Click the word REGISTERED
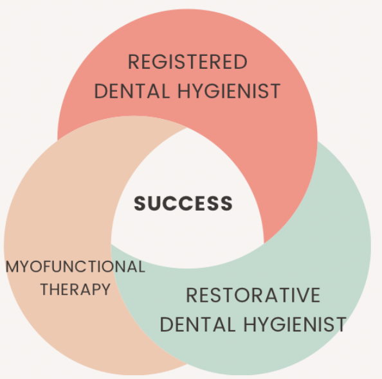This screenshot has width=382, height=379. point(188,62)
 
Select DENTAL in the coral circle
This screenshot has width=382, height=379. point(132,91)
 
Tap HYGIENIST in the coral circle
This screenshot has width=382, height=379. point(229,91)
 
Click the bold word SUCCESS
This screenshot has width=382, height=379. point(183,203)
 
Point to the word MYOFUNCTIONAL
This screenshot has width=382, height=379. point(75,267)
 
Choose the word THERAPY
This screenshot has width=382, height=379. point(75,289)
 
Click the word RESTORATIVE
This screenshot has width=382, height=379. point(253,295)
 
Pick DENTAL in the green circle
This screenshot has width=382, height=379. point(197,324)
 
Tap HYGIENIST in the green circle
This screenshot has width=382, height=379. point(295,324)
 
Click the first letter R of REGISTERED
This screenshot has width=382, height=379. point(134,62)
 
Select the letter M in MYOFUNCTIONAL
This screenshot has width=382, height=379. point(12,267)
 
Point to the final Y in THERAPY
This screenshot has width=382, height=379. point(105,289)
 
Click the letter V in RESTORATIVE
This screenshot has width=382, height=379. point(300,295)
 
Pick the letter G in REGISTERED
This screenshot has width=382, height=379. point(162,62)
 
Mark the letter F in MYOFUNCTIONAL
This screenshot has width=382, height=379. point(48,267)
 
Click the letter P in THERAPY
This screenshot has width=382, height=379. point(95,289)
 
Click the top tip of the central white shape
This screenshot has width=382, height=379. point(187,128)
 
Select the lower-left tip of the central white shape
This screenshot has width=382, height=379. point(111,244)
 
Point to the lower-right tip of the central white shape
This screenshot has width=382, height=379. point(264,243)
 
